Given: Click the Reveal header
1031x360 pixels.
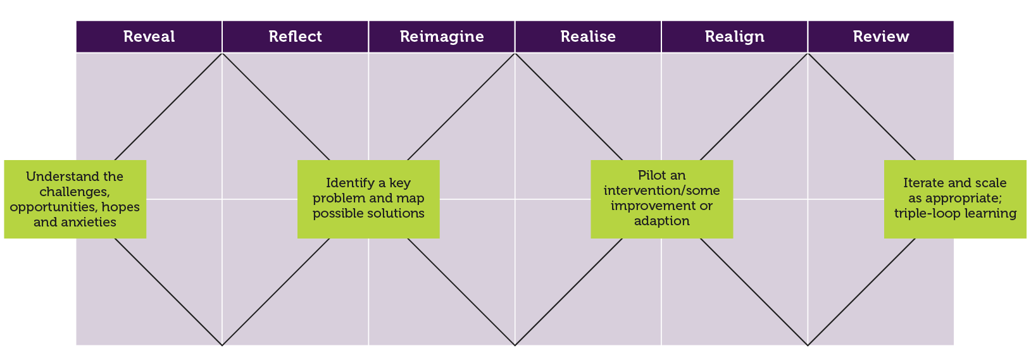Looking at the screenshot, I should tap(149, 37).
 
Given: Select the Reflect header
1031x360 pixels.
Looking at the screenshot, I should tap(295, 37).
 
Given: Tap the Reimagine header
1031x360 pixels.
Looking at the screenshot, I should tap(442, 37).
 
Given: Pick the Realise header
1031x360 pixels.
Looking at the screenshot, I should tap(588, 37).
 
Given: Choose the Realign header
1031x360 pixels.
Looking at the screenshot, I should tap(734, 37).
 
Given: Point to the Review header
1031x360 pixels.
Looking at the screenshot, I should tap(880, 37).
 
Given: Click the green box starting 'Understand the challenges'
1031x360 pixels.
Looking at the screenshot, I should tap(75, 199).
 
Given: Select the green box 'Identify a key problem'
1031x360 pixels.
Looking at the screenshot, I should tap(368, 199).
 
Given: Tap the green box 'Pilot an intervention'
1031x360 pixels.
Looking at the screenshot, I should tap(661, 199).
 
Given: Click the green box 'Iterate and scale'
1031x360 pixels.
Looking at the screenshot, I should tap(955, 199).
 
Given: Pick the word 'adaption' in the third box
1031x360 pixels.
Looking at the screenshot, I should tap(661, 221).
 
